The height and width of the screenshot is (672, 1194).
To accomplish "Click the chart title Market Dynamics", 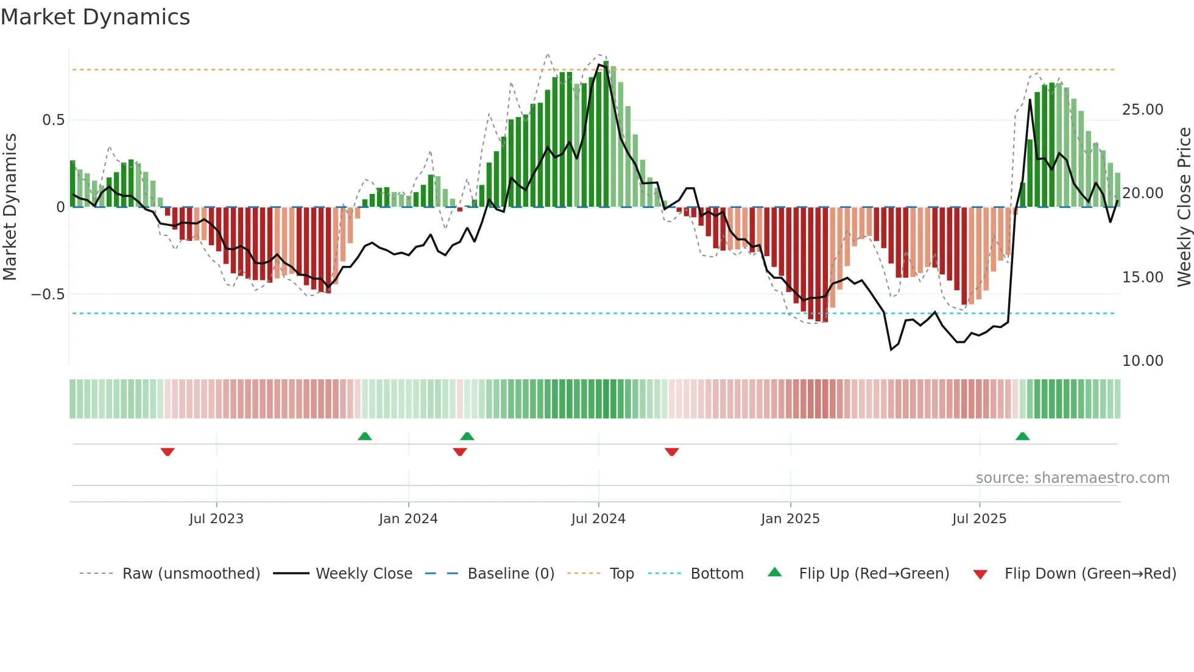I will pos(96,17).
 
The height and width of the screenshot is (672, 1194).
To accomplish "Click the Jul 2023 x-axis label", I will pos(216,519).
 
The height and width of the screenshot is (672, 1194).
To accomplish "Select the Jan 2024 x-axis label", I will pos(408,519).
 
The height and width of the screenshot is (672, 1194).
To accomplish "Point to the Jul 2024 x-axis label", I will pos(598,519).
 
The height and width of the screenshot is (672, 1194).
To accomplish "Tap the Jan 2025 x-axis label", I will pos(790,519).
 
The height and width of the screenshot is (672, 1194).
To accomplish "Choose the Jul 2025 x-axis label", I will pos(980,519).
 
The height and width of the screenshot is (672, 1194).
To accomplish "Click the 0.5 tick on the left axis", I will pos(53,120).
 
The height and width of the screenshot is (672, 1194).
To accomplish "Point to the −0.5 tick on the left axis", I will pos(48,295).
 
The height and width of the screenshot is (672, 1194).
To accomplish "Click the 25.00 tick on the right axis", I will pos(1142,110).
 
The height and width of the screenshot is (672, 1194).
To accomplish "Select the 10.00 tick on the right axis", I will pos(1142,361).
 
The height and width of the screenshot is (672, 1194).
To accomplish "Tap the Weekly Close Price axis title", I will pos(1184,207).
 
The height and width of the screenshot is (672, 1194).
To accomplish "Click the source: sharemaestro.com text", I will pos(1072,478).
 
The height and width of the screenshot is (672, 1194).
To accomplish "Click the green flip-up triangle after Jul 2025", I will pos(1022,437).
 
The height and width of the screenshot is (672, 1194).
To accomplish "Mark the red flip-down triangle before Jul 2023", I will pos(168,452).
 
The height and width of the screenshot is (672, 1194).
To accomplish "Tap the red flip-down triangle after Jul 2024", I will pos(671,452).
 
